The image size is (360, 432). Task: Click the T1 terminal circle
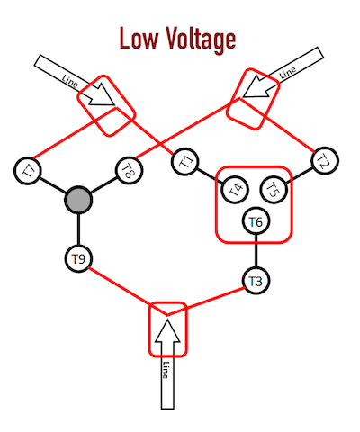click(x=185, y=162)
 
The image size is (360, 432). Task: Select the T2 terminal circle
click(x=325, y=161)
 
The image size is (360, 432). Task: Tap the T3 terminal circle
click(x=256, y=281)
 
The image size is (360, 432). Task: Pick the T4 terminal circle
click(x=235, y=190)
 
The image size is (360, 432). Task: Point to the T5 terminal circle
click(x=274, y=190)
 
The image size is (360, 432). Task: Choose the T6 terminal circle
click(x=256, y=221)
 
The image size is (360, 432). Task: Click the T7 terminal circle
click(x=28, y=171)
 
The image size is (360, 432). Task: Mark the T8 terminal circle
click(x=129, y=171)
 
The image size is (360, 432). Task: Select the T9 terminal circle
click(x=78, y=258)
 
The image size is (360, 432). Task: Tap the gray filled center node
click(x=78, y=200)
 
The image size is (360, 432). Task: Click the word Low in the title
click(x=139, y=39)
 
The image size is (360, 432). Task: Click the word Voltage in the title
click(x=201, y=40)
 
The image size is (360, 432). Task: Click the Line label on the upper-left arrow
click(x=70, y=81)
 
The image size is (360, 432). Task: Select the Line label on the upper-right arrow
click(x=287, y=72)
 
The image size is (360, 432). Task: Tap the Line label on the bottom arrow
click(x=166, y=370)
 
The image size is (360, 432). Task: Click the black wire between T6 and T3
click(x=256, y=251)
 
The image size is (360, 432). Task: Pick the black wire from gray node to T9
click(x=78, y=229)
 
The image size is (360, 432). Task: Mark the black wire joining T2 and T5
click(x=300, y=175)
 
